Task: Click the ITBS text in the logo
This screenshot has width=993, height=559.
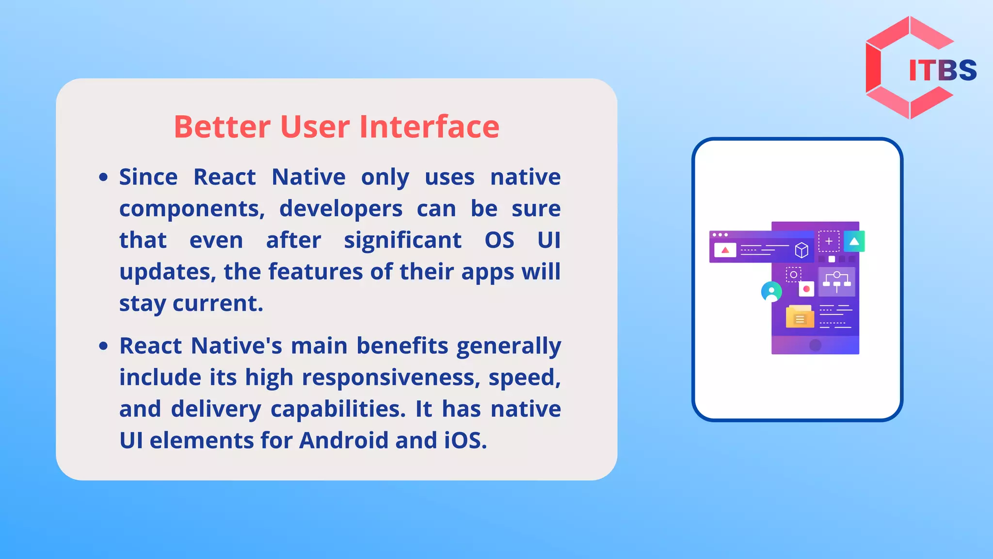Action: coord(942,70)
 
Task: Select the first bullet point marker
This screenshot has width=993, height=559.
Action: coord(103,178)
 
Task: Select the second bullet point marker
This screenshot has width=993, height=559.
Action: coord(103,346)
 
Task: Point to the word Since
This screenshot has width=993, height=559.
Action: coord(148,177)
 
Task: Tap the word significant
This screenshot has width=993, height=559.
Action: coord(402,241)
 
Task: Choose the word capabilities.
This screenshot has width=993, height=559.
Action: coord(337,409)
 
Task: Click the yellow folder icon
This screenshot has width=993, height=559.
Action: coord(799,317)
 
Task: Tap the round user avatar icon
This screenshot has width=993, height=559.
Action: coord(771,292)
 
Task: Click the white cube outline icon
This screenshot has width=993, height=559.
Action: coord(801,250)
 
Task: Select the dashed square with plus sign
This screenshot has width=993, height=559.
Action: coord(829,241)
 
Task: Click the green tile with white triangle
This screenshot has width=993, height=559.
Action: coord(854,241)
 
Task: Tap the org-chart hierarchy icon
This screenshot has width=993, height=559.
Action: coord(836,281)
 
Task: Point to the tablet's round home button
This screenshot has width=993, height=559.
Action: coord(815,345)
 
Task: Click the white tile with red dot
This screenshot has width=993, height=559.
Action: coord(806,289)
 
